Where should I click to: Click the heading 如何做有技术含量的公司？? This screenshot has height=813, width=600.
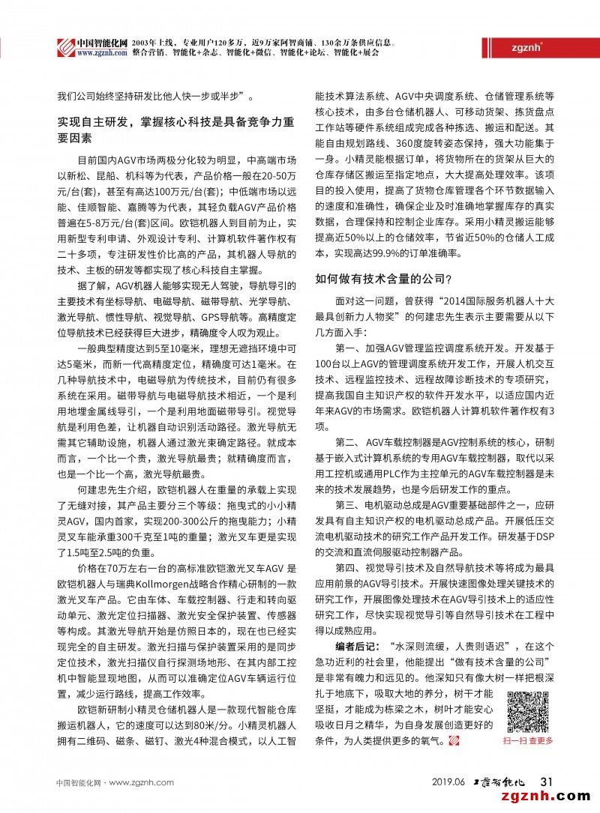tap(382, 279)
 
